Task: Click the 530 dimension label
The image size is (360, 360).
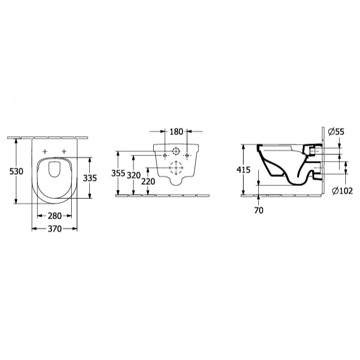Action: click(16, 171)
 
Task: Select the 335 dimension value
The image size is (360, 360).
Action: click(90, 178)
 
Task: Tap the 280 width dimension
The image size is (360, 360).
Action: click(55, 216)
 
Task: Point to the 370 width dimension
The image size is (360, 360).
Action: click(55, 229)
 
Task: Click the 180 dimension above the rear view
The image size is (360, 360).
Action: click(176, 132)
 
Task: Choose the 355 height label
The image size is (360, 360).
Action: click(118, 174)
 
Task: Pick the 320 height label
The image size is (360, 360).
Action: click(133, 176)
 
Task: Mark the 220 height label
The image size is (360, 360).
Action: click(148, 181)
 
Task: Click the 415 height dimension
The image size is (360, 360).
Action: click(244, 170)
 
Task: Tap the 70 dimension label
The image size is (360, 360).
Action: click(259, 210)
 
